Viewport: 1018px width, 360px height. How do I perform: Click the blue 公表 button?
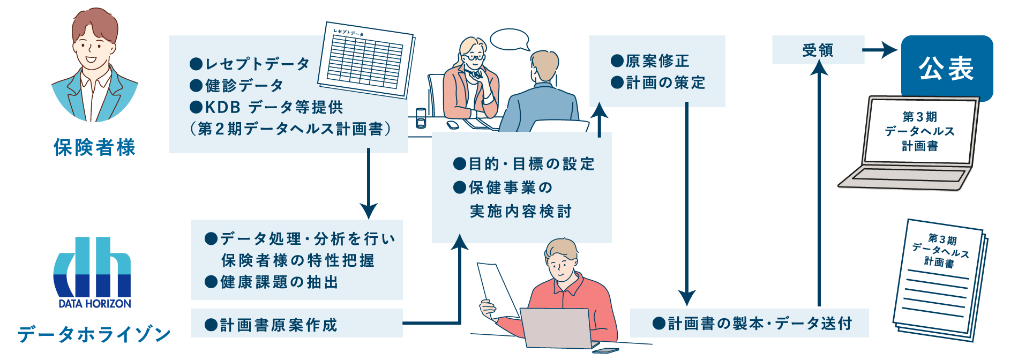point(947,68)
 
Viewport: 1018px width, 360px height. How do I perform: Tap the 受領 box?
point(818,50)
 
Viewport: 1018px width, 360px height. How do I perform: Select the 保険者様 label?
point(94,147)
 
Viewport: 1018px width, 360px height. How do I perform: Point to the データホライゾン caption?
point(94,334)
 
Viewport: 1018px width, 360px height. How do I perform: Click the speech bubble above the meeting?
point(509,39)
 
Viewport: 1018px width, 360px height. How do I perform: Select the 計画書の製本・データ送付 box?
point(749,323)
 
